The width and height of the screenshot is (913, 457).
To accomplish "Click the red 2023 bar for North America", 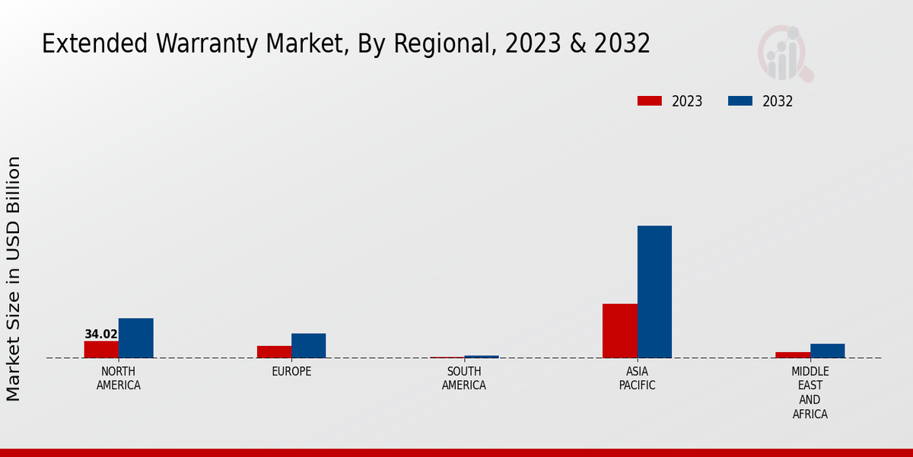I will click(101, 350).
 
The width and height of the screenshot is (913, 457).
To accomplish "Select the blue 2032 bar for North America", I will click(135, 338).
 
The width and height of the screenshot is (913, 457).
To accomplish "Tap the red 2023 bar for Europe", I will click(274, 352).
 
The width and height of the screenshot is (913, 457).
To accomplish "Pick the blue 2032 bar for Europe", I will click(308, 346).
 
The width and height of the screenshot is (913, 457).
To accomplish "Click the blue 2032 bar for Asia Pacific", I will click(654, 292).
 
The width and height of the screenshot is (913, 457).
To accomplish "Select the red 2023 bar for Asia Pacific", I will click(619, 331).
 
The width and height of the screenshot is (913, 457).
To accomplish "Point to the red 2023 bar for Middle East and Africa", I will click(793, 355).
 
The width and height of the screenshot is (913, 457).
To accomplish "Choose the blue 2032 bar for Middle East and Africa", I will click(827, 351).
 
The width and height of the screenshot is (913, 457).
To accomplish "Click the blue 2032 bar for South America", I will click(482, 356).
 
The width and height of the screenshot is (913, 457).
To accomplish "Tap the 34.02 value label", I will click(101, 334).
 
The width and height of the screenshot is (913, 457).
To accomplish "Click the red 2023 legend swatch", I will click(650, 101).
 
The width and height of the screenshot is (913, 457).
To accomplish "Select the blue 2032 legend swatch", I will click(740, 101).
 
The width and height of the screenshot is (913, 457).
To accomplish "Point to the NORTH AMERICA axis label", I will click(119, 379).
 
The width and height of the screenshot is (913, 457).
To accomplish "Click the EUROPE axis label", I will click(291, 372).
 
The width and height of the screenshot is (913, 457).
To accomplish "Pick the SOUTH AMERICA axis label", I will click(464, 379).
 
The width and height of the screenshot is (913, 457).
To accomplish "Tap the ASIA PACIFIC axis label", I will click(637, 379).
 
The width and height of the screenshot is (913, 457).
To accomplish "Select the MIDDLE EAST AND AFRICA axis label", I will click(810, 393).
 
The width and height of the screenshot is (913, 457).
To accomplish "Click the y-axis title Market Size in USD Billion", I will click(14, 278).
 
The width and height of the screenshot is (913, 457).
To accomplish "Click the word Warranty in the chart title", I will click(201, 44).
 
